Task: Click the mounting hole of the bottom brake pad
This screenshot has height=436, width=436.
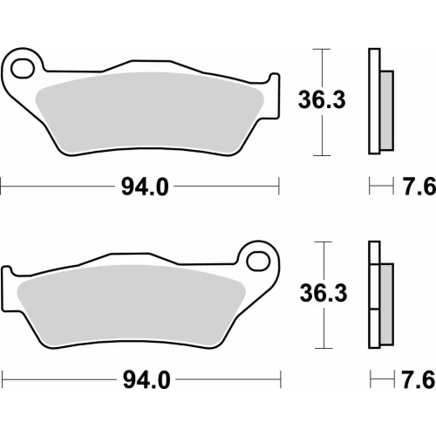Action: (256, 259)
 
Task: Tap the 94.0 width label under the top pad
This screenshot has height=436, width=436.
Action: (139, 187)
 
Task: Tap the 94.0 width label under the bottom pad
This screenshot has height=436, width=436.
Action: (139, 380)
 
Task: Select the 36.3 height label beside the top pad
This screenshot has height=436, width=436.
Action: (324, 100)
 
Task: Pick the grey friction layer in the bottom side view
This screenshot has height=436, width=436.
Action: (384, 296)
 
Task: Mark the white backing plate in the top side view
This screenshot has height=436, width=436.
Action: (375, 100)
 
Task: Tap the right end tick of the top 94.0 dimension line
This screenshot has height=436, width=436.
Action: (278, 185)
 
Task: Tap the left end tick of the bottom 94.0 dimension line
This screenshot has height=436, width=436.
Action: (2, 378)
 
